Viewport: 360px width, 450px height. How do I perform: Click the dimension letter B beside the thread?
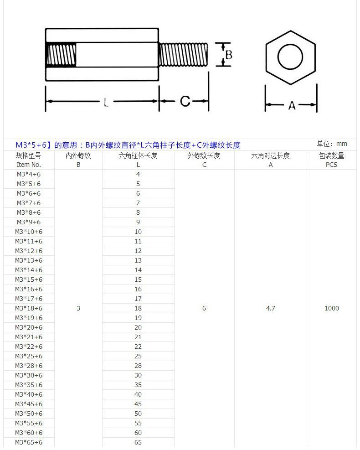tap(229, 55)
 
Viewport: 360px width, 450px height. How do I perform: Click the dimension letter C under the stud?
tap(185, 101)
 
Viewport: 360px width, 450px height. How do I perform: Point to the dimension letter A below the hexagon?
tap(292, 105)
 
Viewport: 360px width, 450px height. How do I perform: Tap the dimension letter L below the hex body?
tap(106, 102)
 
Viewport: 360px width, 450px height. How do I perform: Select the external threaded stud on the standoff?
tap(183, 55)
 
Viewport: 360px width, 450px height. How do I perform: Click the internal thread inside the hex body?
tap(61, 55)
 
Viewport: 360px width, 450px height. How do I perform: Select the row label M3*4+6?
tap(29, 174)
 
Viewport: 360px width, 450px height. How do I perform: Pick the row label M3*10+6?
tap(29, 232)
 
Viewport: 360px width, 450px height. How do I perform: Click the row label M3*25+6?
tap(29, 356)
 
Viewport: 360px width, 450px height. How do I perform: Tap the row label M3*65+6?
tap(29, 442)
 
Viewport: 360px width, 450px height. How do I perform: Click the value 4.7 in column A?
tap(271, 308)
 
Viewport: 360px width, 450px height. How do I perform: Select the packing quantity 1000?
tap(332, 308)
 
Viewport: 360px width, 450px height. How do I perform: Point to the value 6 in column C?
tap(204, 308)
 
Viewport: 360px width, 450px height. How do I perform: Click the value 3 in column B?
tap(78, 308)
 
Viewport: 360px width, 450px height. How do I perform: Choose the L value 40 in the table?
tap(138, 394)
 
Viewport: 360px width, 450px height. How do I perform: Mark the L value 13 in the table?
tap(138, 260)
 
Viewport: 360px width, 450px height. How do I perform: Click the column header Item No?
tap(29, 165)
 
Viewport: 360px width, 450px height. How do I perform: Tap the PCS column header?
tap(331, 165)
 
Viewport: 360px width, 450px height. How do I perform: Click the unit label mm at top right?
tap(342, 144)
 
